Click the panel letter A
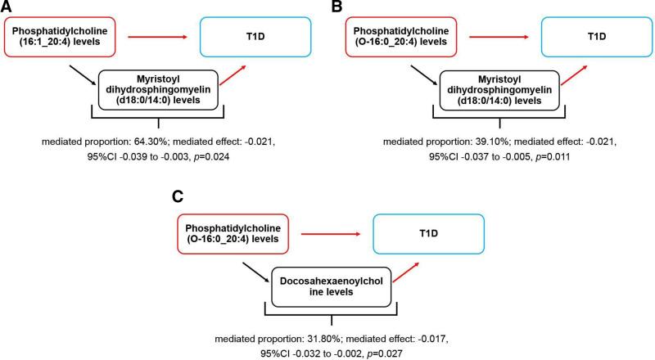(x=8, y=8)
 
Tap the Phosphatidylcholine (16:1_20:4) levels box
(x=56, y=37)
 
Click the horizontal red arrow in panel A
(x=152, y=37)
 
